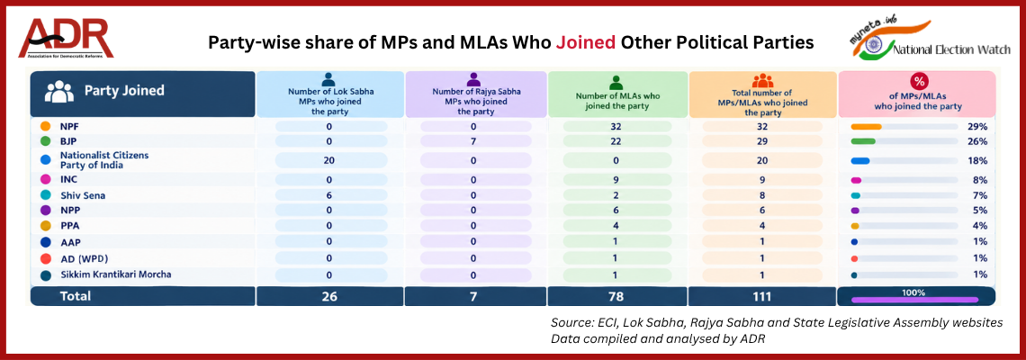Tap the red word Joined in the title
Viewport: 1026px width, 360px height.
coord(585,42)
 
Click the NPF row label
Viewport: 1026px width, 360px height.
coord(70,126)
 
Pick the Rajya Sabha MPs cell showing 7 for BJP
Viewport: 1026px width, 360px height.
coord(476,141)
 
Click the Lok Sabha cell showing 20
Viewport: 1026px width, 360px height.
coord(330,160)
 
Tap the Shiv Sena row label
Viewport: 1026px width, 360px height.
coord(83,195)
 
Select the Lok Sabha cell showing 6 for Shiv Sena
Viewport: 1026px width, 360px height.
coord(330,195)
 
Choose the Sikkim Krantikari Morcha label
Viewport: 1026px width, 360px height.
coord(116,274)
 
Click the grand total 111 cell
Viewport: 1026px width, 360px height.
coord(762,296)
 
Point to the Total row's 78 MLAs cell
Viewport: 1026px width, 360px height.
coord(617,296)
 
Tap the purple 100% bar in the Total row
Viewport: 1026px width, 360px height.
coord(914,300)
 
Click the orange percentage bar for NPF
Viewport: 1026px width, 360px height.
coord(866,126)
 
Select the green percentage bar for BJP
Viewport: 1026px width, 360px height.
coord(863,141)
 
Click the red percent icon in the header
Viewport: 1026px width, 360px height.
coord(920,82)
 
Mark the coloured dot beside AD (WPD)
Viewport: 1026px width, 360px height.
coord(45,258)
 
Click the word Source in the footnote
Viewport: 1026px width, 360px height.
coord(570,323)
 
